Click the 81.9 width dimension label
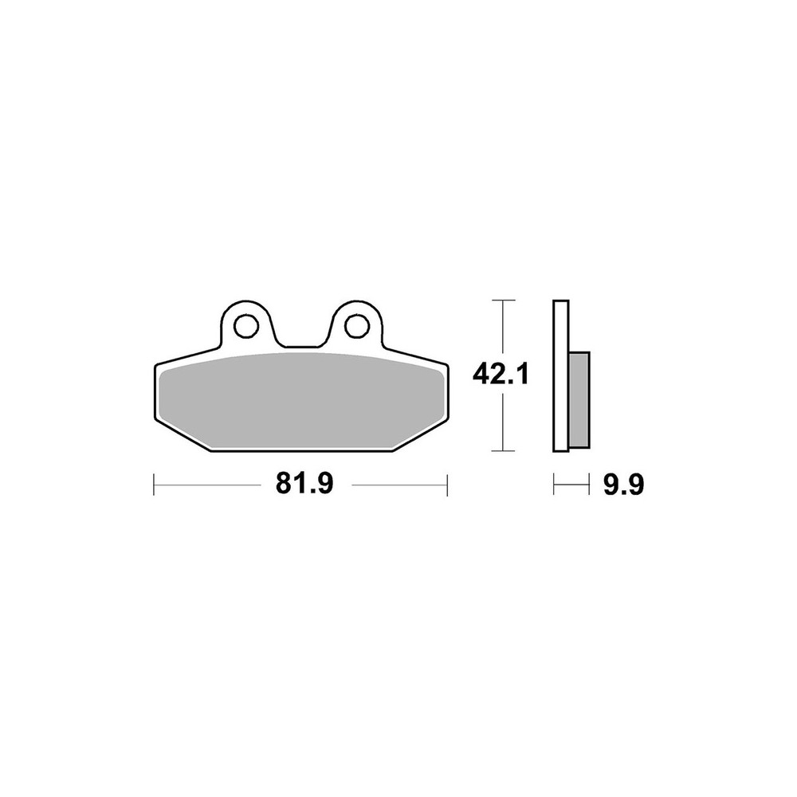[x=304, y=484]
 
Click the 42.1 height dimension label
[x=501, y=375]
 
